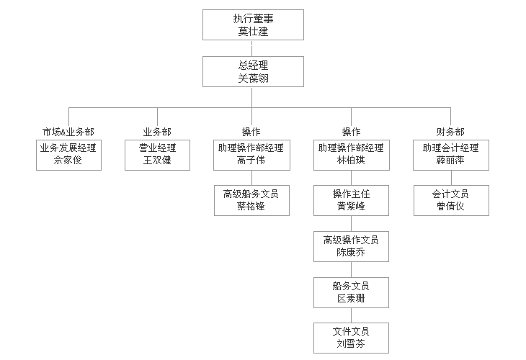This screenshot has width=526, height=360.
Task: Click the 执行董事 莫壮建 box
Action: tap(253, 24)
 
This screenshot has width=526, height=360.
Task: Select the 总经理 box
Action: tap(253, 71)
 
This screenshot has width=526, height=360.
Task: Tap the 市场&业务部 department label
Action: tap(68, 132)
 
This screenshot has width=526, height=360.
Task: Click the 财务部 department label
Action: tap(450, 132)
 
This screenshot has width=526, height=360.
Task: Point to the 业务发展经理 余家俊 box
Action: tap(68, 155)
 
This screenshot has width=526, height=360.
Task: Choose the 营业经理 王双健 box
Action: tap(157, 155)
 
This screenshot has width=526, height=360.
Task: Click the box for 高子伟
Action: tap(251, 155)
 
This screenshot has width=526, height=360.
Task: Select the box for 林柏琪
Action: tap(351, 155)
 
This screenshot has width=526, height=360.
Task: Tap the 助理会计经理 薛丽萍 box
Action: tap(451, 155)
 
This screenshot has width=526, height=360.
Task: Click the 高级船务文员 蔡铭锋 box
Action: tap(251, 200)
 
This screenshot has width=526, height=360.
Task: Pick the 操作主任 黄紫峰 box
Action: tap(351, 200)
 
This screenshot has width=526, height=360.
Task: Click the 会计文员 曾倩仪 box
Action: tap(451, 200)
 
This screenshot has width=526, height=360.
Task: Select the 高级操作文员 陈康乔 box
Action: tap(351, 246)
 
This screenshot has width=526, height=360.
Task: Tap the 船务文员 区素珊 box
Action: tap(351, 292)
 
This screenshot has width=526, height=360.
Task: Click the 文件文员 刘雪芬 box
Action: tap(351, 338)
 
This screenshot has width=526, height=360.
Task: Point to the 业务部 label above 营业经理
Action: tap(157, 132)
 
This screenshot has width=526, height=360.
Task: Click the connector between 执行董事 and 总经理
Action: tap(252, 48)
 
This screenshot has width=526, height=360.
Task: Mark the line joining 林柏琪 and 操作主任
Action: tap(351, 178)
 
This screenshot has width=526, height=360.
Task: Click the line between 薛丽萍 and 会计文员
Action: tap(451, 178)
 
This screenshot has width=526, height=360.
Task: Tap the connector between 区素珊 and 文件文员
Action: tap(351, 315)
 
